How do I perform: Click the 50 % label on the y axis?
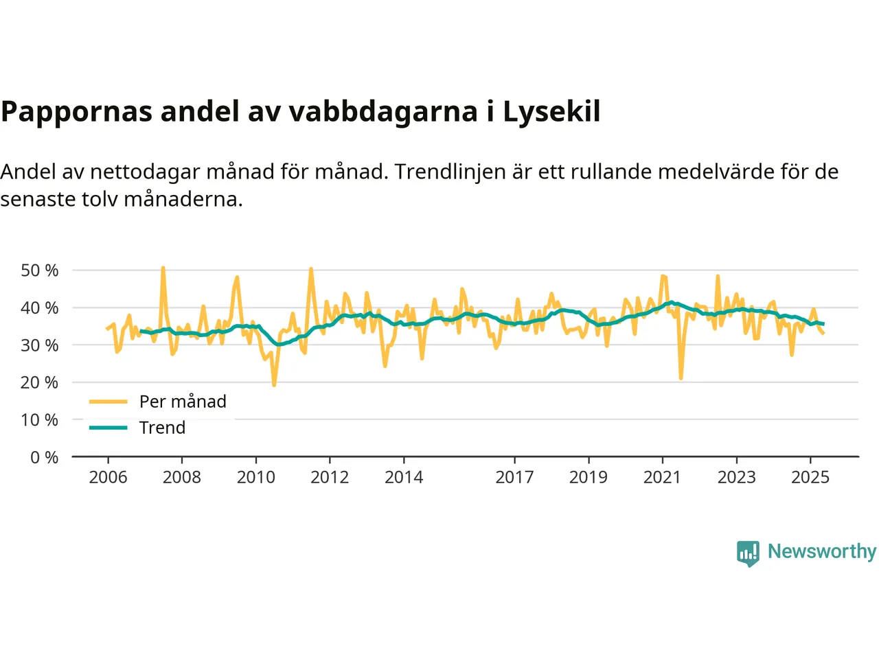[x=40, y=270]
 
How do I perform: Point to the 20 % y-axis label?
[x=40, y=382]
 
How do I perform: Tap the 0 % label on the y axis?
[x=45, y=457]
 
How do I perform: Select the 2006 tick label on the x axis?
[x=108, y=477]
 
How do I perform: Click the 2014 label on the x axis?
[x=404, y=477]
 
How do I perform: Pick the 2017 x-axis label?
[x=514, y=477]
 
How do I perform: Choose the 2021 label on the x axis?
[x=662, y=477]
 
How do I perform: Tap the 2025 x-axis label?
[x=810, y=477]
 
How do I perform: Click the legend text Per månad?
[x=183, y=402]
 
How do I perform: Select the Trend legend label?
[x=162, y=428]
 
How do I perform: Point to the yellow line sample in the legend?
[x=109, y=402]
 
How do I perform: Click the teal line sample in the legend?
[x=109, y=428]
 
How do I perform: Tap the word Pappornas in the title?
[x=76, y=112]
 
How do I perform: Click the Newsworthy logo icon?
[x=748, y=553]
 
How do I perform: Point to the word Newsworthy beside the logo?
[x=821, y=551]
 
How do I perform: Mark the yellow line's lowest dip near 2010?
[x=274, y=385]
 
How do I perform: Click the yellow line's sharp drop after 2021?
[x=681, y=378]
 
